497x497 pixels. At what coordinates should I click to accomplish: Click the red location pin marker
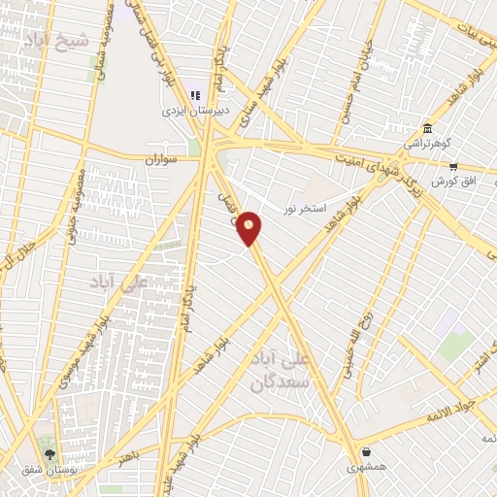(249, 228)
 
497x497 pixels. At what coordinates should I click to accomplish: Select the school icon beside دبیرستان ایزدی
(194, 95)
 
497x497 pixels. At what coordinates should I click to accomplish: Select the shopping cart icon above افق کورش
(453, 166)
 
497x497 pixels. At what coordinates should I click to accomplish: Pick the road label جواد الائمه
(448, 407)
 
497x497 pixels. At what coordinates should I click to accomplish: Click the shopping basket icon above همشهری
(367, 452)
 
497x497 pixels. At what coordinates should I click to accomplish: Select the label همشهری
(366, 468)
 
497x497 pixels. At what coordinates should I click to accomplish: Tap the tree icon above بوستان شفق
(50, 454)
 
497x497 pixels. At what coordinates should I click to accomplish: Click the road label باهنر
(129, 457)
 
